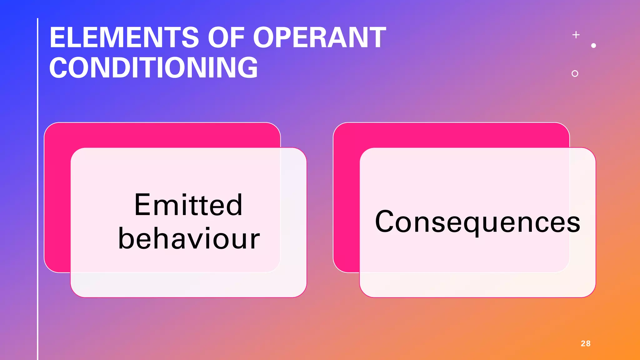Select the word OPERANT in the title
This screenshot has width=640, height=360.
tap(319, 37)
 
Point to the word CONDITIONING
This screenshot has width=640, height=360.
tap(153, 67)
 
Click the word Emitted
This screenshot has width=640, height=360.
tap(188, 205)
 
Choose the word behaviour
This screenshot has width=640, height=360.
tap(189, 239)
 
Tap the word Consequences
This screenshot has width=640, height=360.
tap(477, 222)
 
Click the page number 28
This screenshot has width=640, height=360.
tap(586, 343)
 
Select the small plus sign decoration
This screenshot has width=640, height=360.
tap(576, 35)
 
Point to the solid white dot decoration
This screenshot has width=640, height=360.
tap(594, 46)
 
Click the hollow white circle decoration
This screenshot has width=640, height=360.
tap(575, 73)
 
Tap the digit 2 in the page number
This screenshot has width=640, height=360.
tap(583, 343)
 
